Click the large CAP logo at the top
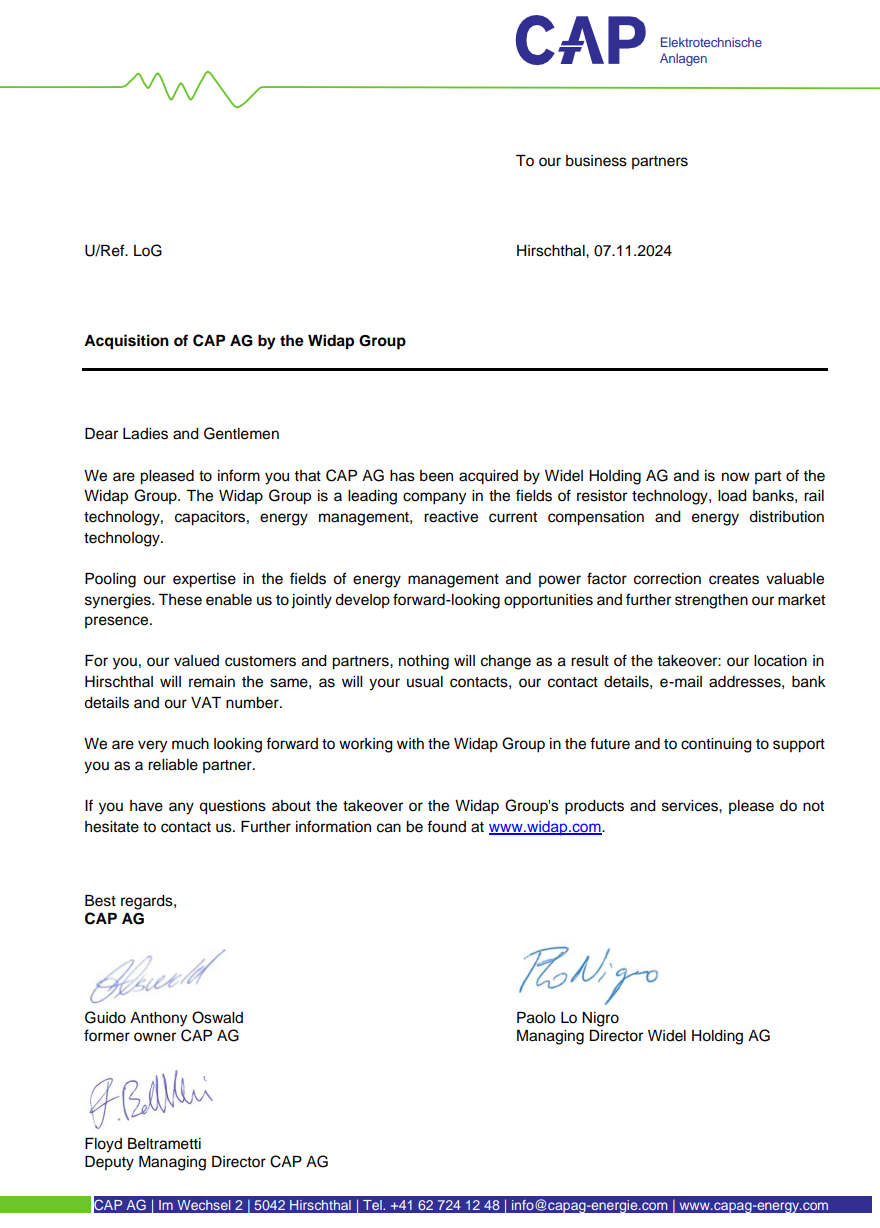[x=580, y=42]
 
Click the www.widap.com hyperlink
[x=545, y=828]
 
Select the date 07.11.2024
[x=632, y=251]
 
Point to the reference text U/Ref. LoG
[x=123, y=251]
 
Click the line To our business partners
[x=602, y=161]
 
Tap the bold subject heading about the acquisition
[x=245, y=341]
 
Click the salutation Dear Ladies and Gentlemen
[x=182, y=434]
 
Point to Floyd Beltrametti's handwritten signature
[x=150, y=1097]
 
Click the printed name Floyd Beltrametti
[x=143, y=1144]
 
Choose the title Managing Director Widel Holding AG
[x=643, y=1036]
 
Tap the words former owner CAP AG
[x=162, y=1036]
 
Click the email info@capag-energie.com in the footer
[x=588, y=1206]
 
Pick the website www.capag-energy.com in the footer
[x=754, y=1206]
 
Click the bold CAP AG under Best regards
[x=114, y=919]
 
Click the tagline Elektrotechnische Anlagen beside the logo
[x=710, y=51]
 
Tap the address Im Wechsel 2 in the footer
[x=201, y=1206]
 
